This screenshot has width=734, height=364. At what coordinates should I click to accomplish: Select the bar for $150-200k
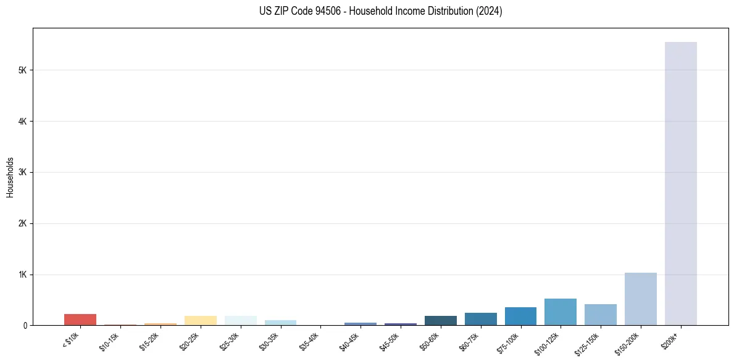640,299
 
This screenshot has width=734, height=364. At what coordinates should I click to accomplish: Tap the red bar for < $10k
80,320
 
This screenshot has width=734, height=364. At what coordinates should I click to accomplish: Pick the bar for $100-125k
561,312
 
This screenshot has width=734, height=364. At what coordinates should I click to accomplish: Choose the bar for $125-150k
600,315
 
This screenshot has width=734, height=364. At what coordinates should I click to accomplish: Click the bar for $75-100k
520,316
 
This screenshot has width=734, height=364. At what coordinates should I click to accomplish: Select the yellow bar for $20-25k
200,320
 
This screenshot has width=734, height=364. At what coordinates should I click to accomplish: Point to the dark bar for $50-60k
440,320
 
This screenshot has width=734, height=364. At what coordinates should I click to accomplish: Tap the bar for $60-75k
480,319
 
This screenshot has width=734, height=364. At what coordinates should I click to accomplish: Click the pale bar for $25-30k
240,320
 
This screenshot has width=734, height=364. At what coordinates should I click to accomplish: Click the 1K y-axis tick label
23,275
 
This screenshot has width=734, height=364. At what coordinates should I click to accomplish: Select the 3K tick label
23,173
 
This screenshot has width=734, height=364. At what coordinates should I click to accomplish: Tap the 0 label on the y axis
25,325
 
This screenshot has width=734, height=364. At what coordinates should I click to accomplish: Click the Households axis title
10,177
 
